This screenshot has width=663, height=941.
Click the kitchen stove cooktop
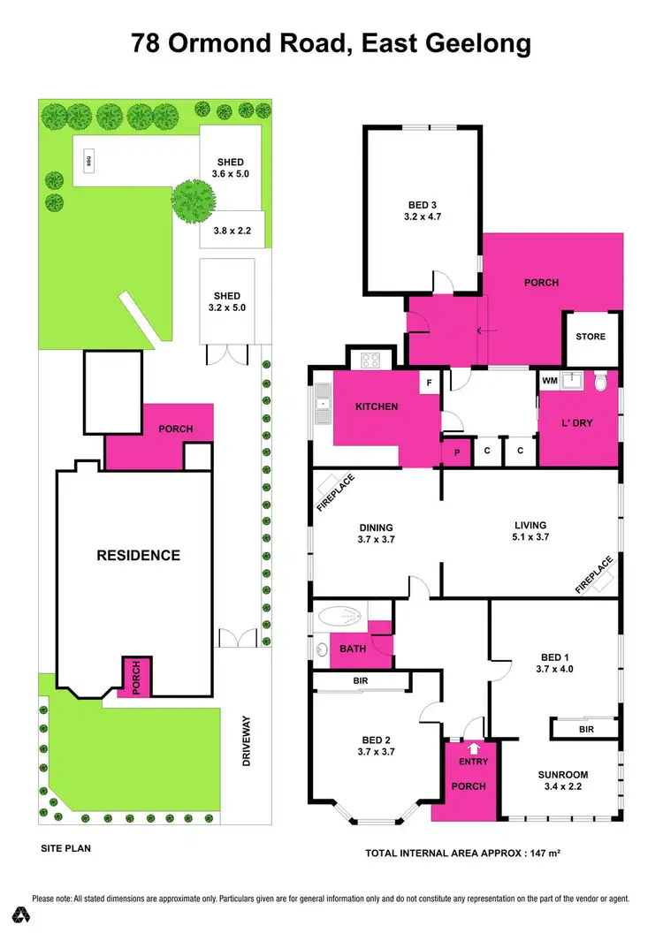point(367,360)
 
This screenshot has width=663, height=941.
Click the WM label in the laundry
point(550,381)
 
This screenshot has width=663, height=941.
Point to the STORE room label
point(591,337)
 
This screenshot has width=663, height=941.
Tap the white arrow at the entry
point(467,746)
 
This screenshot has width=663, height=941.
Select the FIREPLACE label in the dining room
point(335,493)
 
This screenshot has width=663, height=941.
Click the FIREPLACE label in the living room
point(594,574)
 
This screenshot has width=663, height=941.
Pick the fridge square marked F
point(429,383)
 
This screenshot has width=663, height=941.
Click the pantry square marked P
point(457,452)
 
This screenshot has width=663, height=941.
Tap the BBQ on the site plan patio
point(88,161)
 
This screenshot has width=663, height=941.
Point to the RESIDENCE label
point(138,556)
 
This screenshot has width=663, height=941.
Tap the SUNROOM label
point(563,775)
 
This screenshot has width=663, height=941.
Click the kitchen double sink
point(321,406)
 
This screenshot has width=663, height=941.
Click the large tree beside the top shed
point(193,200)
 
